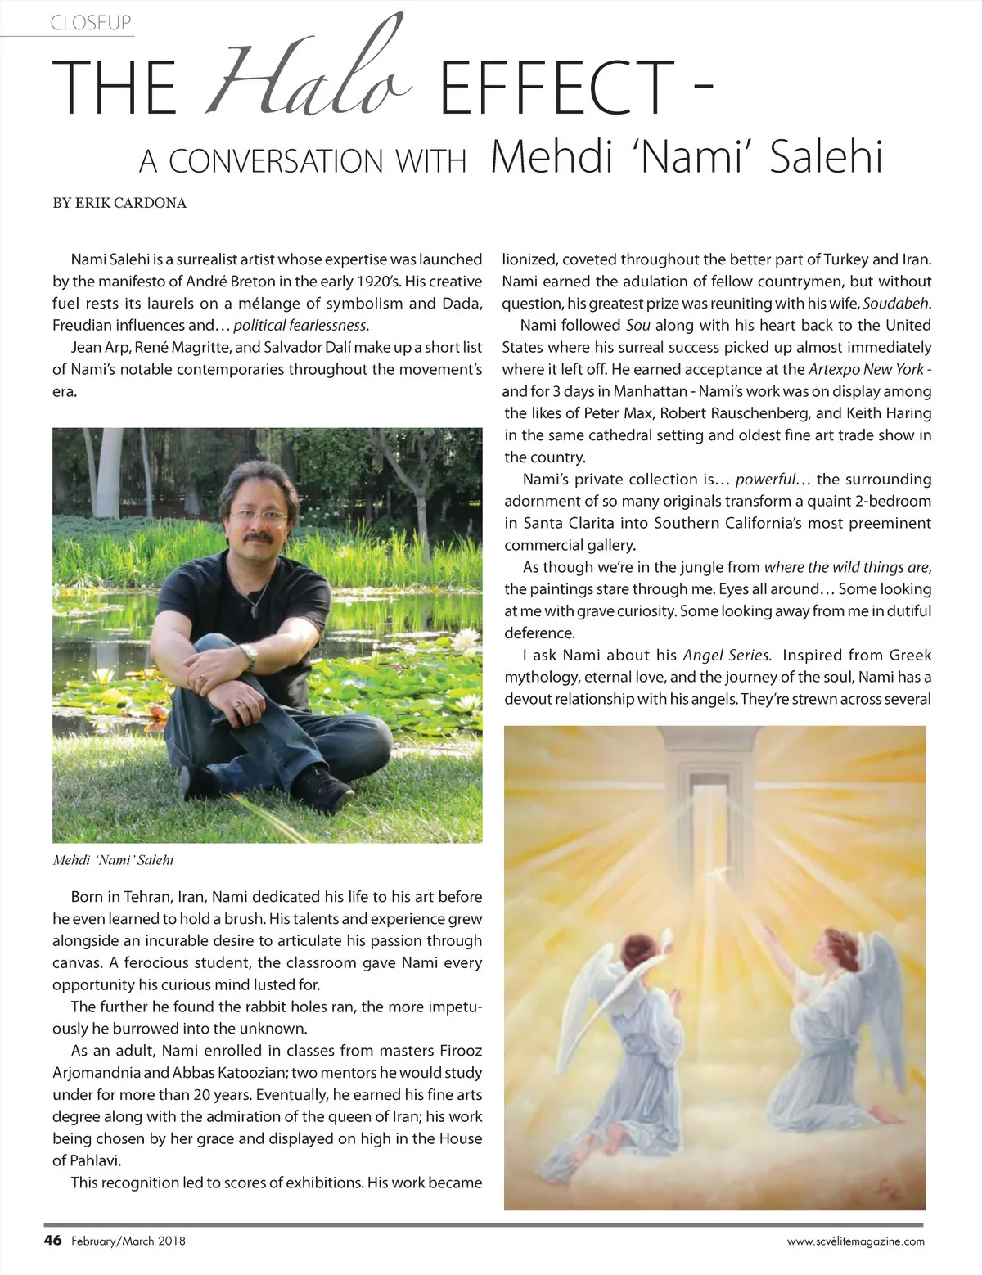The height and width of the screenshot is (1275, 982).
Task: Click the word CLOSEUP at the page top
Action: point(91,23)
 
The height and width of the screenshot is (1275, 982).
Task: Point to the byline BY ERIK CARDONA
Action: point(119,203)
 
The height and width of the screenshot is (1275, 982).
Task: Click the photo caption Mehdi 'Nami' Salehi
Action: point(113,860)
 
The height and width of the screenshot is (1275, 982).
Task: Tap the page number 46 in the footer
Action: point(52,1240)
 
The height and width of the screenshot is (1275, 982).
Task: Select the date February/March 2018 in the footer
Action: point(128,1241)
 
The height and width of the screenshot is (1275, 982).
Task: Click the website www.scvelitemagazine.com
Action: point(856,1241)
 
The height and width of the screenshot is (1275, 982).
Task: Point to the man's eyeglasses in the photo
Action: point(259,516)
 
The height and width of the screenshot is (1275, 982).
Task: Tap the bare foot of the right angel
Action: point(885,1113)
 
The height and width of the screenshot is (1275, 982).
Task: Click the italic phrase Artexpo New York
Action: point(866,369)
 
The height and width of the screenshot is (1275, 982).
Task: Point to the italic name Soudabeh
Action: point(896,303)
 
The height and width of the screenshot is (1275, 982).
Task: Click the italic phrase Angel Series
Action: point(726,655)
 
